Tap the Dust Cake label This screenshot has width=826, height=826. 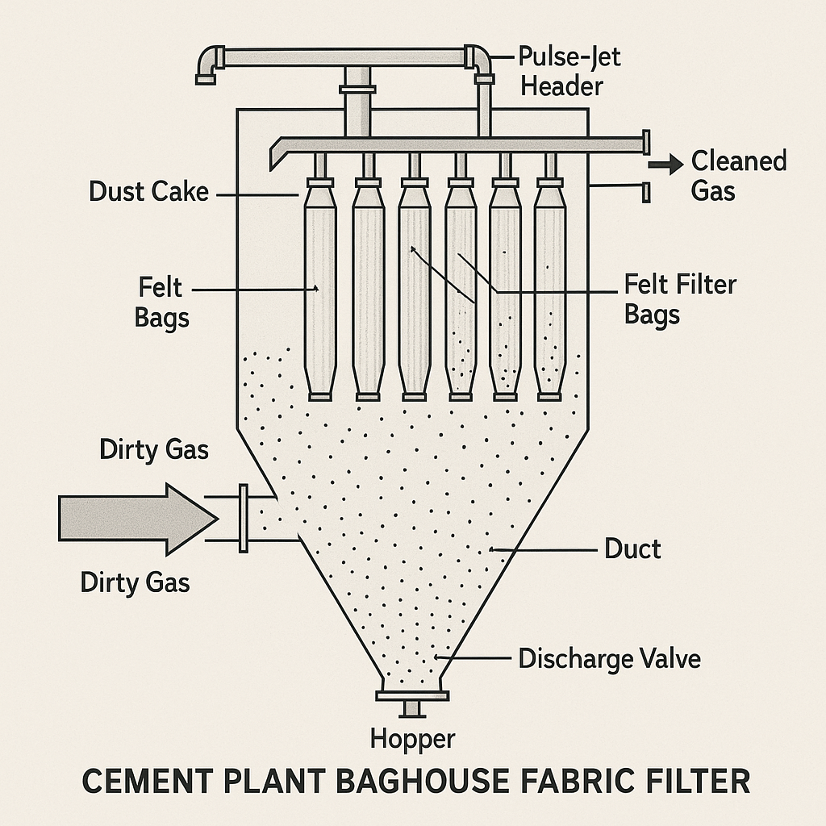(149, 192)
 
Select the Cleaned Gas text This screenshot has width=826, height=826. (738, 175)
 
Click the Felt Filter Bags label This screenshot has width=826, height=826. (680, 298)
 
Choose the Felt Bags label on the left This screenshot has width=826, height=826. (161, 302)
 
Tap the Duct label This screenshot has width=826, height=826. (632, 549)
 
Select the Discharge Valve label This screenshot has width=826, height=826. (609, 659)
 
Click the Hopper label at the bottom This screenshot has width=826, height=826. (412, 737)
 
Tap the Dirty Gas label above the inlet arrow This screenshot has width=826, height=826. (154, 449)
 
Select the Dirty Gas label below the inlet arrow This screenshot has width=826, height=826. (136, 582)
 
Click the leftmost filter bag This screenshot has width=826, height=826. (320, 290)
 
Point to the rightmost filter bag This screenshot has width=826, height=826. (549, 290)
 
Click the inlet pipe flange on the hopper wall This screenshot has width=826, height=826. (243, 518)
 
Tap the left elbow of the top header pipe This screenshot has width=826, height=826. (207, 65)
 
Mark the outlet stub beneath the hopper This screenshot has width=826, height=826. (412, 708)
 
